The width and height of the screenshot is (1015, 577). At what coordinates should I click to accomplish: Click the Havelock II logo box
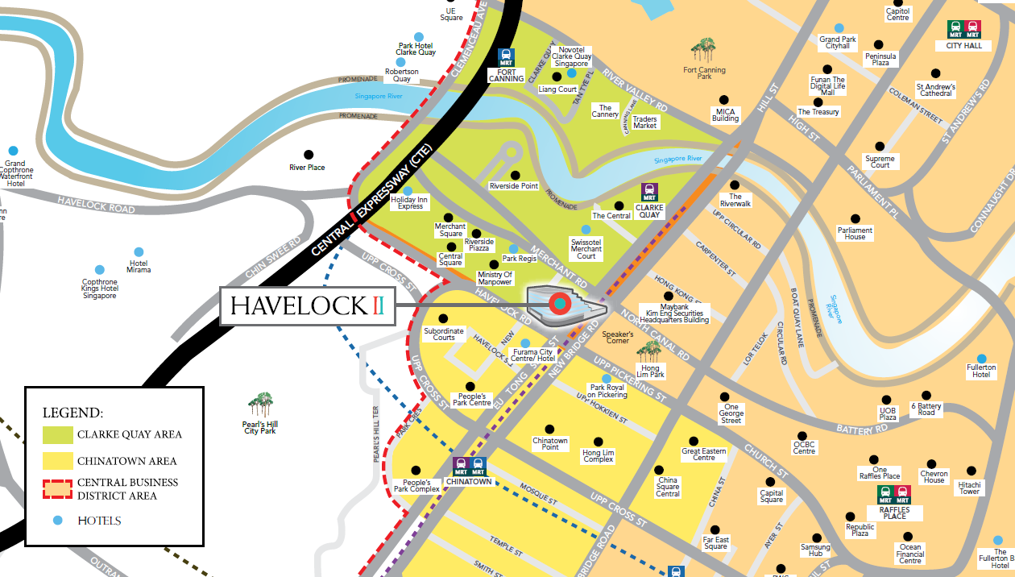[x=308, y=306]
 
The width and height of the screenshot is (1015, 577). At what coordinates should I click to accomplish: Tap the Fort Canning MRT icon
[x=507, y=56]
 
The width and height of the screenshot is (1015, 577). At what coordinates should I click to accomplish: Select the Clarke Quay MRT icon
[x=648, y=193]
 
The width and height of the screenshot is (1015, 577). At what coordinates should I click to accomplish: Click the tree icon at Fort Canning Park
[x=704, y=52]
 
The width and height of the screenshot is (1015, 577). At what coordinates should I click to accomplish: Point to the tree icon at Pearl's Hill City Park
[x=259, y=403]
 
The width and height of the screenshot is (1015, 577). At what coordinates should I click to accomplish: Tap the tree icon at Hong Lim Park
[x=649, y=351]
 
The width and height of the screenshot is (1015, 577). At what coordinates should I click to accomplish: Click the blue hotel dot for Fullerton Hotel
[x=981, y=359]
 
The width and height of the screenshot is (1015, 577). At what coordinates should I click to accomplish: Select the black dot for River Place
[x=308, y=155]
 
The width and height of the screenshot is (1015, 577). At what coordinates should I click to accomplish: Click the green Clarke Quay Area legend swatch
[x=57, y=434]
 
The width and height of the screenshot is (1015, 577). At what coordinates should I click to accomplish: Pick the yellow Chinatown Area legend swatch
[x=57, y=462]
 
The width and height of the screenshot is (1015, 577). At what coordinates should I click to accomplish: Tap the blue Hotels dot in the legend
[x=57, y=521]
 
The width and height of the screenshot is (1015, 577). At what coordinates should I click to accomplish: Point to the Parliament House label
[x=855, y=234]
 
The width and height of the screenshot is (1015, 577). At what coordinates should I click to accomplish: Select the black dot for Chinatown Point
[x=550, y=429]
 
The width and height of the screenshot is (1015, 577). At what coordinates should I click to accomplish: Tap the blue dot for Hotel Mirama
[x=139, y=252]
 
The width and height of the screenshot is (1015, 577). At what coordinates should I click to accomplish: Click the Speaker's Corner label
[x=618, y=337]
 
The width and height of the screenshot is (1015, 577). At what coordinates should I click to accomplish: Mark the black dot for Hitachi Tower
[x=971, y=471]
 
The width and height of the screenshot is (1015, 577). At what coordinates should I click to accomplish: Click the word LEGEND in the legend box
[x=72, y=413]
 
